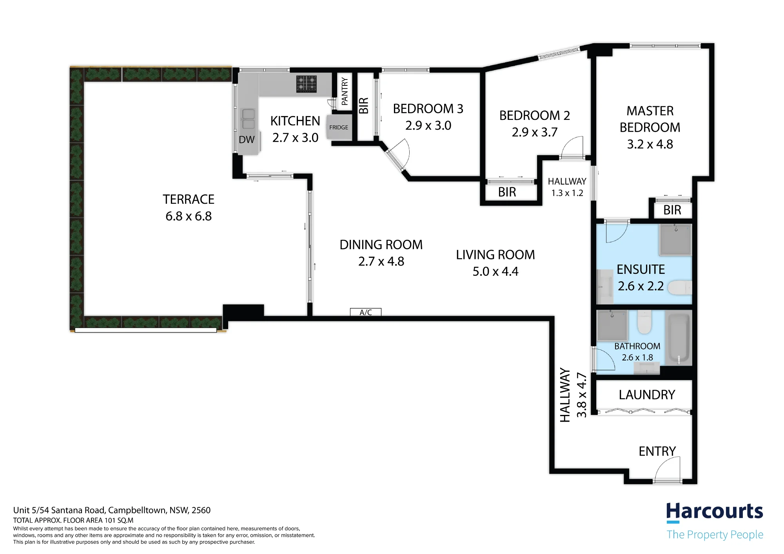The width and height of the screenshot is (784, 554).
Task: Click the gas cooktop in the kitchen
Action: coord(307,83)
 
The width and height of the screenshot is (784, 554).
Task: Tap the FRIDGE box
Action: coord(338,127)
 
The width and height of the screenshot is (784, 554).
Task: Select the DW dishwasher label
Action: coord(247,139)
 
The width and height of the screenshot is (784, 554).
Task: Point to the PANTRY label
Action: coord(345,91)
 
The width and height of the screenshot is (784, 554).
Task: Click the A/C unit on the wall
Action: coord(366,312)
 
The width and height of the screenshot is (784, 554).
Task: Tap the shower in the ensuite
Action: coord(676,239)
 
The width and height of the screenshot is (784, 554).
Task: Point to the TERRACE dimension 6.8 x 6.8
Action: coord(189,216)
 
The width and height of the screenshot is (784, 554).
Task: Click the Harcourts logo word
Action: coord(715,512)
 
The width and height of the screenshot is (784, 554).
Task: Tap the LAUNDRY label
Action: coord(647,395)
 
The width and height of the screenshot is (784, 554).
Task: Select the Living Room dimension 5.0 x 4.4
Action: coord(495,272)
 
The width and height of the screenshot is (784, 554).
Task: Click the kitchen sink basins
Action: coord(249,119)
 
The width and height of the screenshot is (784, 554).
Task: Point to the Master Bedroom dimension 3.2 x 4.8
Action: coord(650,144)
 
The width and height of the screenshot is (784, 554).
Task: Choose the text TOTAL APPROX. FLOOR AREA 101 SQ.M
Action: coord(73,520)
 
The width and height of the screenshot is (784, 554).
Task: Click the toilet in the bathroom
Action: coord(644,322)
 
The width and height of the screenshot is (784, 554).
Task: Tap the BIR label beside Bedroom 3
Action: coord(364,106)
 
